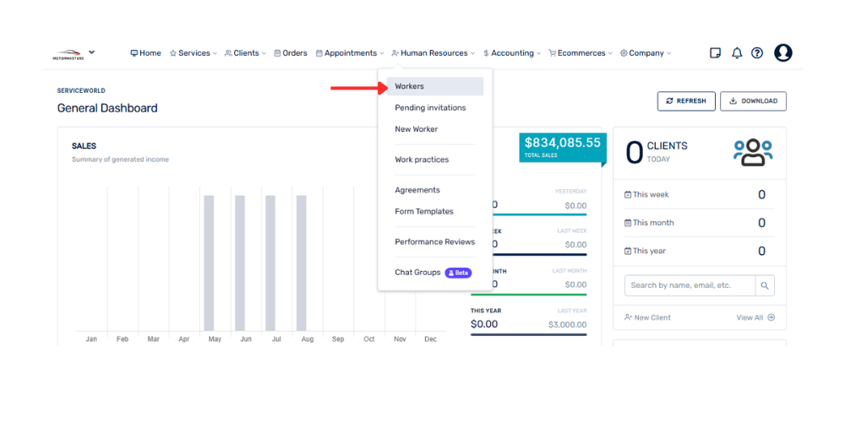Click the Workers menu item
click(x=410, y=86)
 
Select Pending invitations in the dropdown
click(x=430, y=108)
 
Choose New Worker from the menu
click(x=416, y=129)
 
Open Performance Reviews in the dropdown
click(x=434, y=242)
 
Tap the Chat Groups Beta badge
click(x=458, y=273)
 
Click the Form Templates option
click(x=423, y=212)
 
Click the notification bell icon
click(x=737, y=53)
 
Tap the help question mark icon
click(x=757, y=53)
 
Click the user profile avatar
click(x=783, y=53)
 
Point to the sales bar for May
click(x=209, y=262)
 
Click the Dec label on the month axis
click(x=430, y=339)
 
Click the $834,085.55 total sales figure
click(x=562, y=143)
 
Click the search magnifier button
click(x=765, y=285)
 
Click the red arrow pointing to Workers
click(x=357, y=87)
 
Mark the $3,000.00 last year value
click(x=567, y=325)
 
